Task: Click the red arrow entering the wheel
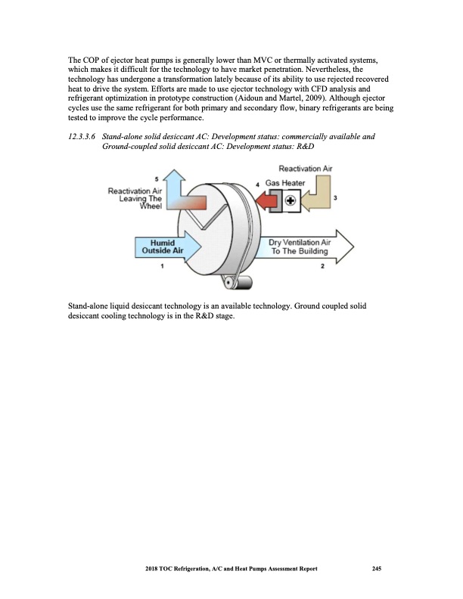point(264,202)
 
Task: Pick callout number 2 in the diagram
point(324,266)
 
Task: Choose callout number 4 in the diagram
point(257,185)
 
